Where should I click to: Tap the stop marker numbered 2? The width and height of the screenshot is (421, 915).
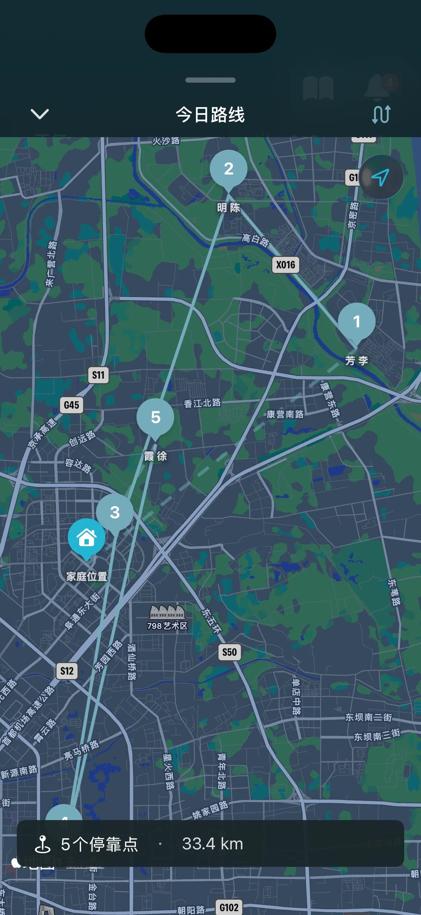[228, 169]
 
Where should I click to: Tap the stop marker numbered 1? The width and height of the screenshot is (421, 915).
[356, 321]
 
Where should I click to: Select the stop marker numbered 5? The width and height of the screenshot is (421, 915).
[155, 417]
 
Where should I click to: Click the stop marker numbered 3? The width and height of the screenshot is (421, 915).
[115, 512]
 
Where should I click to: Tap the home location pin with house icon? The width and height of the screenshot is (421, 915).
[86, 537]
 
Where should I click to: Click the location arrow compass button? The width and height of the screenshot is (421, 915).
[381, 177]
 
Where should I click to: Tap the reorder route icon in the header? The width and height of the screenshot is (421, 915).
[381, 114]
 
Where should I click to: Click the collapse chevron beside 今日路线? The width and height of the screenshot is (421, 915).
[39, 114]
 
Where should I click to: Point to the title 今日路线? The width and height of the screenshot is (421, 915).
[210, 115]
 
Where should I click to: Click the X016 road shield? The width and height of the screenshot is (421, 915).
[286, 265]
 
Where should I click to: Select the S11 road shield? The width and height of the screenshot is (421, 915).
[98, 375]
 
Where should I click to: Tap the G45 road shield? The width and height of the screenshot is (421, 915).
[72, 405]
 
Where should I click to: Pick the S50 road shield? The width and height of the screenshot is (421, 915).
[229, 652]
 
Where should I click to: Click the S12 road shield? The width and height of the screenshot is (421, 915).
[67, 671]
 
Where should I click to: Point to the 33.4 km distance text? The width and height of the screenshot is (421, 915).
[213, 843]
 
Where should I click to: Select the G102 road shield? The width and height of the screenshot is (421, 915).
[229, 908]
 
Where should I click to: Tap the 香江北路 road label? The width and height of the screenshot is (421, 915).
[202, 403]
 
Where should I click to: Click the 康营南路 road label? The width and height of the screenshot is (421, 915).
[285, 414]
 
